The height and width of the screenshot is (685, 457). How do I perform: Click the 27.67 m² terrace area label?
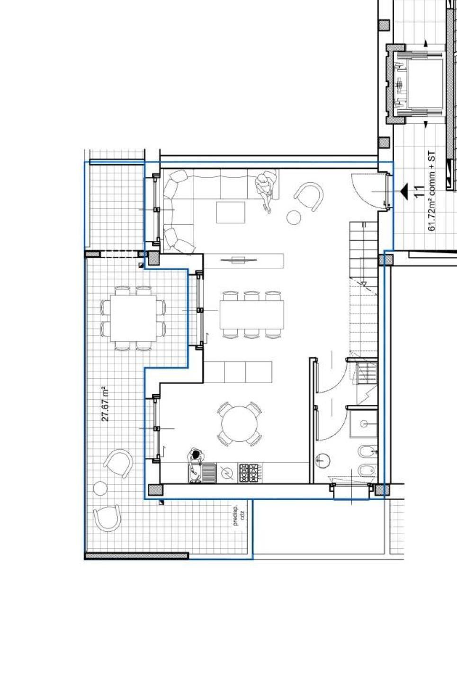[x=105, y=404]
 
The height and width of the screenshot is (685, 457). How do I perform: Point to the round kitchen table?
[x=239, y=424]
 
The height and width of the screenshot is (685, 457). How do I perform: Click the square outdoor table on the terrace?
[x=133, y=318]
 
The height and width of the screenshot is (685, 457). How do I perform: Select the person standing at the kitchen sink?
[x=195, y=456]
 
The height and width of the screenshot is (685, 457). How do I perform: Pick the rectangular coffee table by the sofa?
[x=231, y=212]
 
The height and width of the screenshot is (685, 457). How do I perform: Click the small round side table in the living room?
[x=294, y=218]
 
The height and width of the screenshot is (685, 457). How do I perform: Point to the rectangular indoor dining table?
[x=251, y=315]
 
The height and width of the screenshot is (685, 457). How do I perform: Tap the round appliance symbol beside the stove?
[x=227, y=473]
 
